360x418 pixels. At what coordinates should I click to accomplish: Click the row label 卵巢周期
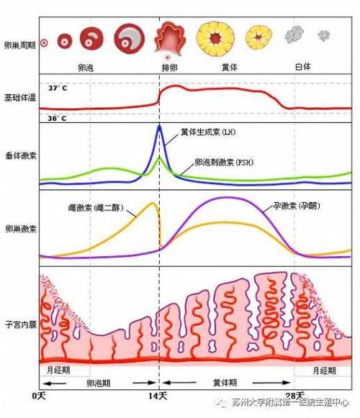pyautogui.click(x=18, y=44)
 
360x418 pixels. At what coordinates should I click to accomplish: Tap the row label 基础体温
pyautogui.click(x=18, y=97)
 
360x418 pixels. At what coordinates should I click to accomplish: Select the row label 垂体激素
pyautogui.click(x=18, y=154)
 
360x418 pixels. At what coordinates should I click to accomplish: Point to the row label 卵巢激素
pyautogui.click(x=18, y=227)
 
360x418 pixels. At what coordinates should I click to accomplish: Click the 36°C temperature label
pyautogui.click(x=58, y=117)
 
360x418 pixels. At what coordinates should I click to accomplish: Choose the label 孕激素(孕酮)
pyautogui.click(x=297, y=206)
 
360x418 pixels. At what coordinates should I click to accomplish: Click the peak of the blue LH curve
pyautogui.click(x=160, y=126)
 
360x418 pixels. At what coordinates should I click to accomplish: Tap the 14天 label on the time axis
pyautogui.click(x=159, y=396)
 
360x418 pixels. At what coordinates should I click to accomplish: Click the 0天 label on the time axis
pyautogui.click(x=39, y=396)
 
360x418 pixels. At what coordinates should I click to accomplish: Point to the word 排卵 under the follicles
pyautogui.click(x=170, y=65)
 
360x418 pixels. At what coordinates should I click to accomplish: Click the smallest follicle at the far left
pyautogui.click(x=44, y=42)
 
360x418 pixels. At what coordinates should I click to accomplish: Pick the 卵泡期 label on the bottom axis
pyautogui.click(x=99, y=383)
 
